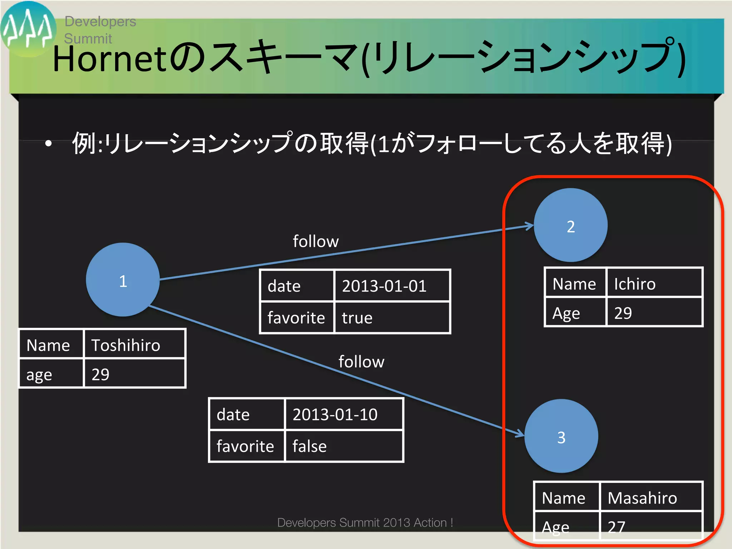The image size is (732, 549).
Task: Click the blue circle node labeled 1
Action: pyautogui.click(x=123, y=280)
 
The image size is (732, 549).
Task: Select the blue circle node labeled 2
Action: pyautogui.click(x=570, y=226)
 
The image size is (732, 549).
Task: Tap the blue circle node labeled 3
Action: pyautogui.click(x=561, y=436)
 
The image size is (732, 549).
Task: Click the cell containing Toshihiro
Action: pyautogui.click(x=134, y=345)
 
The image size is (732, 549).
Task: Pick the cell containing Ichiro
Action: pyautogui.click(x=654, y=283)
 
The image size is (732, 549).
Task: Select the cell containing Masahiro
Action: pyautogui.click(x=651, y=497)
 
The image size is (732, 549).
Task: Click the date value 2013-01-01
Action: pyautogui.click(x=392, y=286)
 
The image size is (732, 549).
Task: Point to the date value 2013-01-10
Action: pyautogui.click(x=343, y=414)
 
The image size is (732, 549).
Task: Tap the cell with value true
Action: pyautogui.click(x=392, y=317)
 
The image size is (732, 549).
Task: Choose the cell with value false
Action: pyautogui.click(x=343, y=446)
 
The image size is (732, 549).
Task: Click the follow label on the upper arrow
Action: pyautogui.click(x=316, y=241)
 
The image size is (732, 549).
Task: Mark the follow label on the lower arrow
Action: pyautogui.click(x=361, y=362)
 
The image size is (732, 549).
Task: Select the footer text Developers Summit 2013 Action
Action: pyautogui.click(x=365, y=523)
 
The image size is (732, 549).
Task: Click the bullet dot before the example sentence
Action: pyautogui.click(x=48, y=144)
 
